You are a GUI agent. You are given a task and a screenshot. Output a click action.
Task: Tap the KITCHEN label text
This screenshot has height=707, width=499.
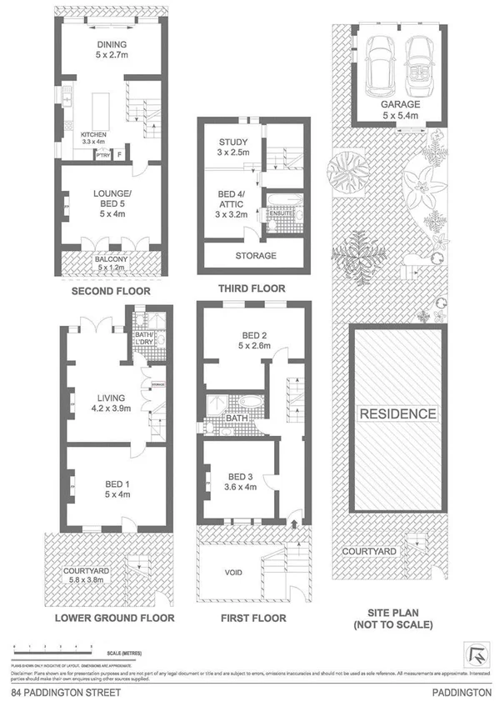tap(94, 135)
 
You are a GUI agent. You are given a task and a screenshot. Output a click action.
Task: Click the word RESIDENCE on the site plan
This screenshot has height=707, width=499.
tap(398, 414)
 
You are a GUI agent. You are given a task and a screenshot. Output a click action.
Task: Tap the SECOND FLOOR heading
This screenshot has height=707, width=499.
tap(110, 292)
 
